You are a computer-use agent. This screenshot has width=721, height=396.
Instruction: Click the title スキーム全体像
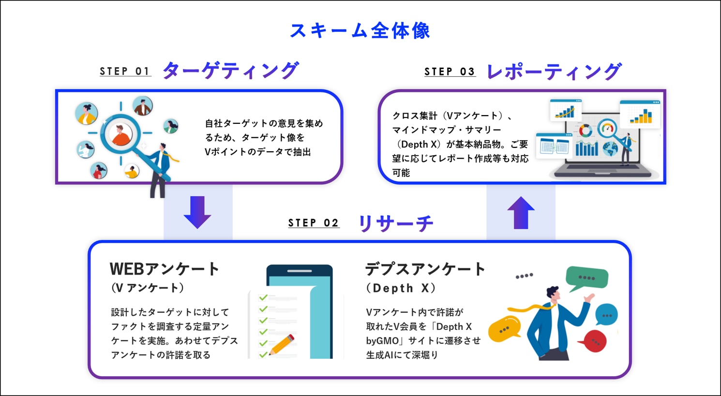coord(360,31)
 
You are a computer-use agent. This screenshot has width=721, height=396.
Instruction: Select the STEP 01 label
coord(125,71)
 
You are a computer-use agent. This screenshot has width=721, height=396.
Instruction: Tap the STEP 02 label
coord(314,222)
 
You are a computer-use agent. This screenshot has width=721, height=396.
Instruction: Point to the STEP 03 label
coord(450,72)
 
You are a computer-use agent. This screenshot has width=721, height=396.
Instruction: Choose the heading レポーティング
coord(554,72)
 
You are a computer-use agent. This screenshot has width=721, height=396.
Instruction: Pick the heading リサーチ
coord(396,223)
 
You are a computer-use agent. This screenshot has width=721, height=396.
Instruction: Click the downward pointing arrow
coord(197,212)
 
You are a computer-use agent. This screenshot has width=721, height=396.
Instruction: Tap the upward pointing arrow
coord(521,213)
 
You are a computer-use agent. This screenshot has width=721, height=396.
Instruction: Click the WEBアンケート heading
coord(165,269)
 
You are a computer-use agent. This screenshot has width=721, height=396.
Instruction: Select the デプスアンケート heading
coord(425,269)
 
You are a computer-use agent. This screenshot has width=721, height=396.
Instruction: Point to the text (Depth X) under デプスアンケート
coord(401,288)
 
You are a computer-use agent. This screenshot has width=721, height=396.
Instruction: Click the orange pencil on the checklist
coord(281,345)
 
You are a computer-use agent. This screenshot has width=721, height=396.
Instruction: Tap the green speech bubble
coord(587,278)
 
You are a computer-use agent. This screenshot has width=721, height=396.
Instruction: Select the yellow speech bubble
coord(504,329)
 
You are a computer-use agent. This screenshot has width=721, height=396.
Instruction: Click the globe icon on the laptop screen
coord(610,149)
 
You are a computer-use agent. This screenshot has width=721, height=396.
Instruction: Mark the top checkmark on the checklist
coord(263,297)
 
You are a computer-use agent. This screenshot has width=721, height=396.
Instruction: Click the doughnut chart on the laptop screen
coord(586,131)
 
